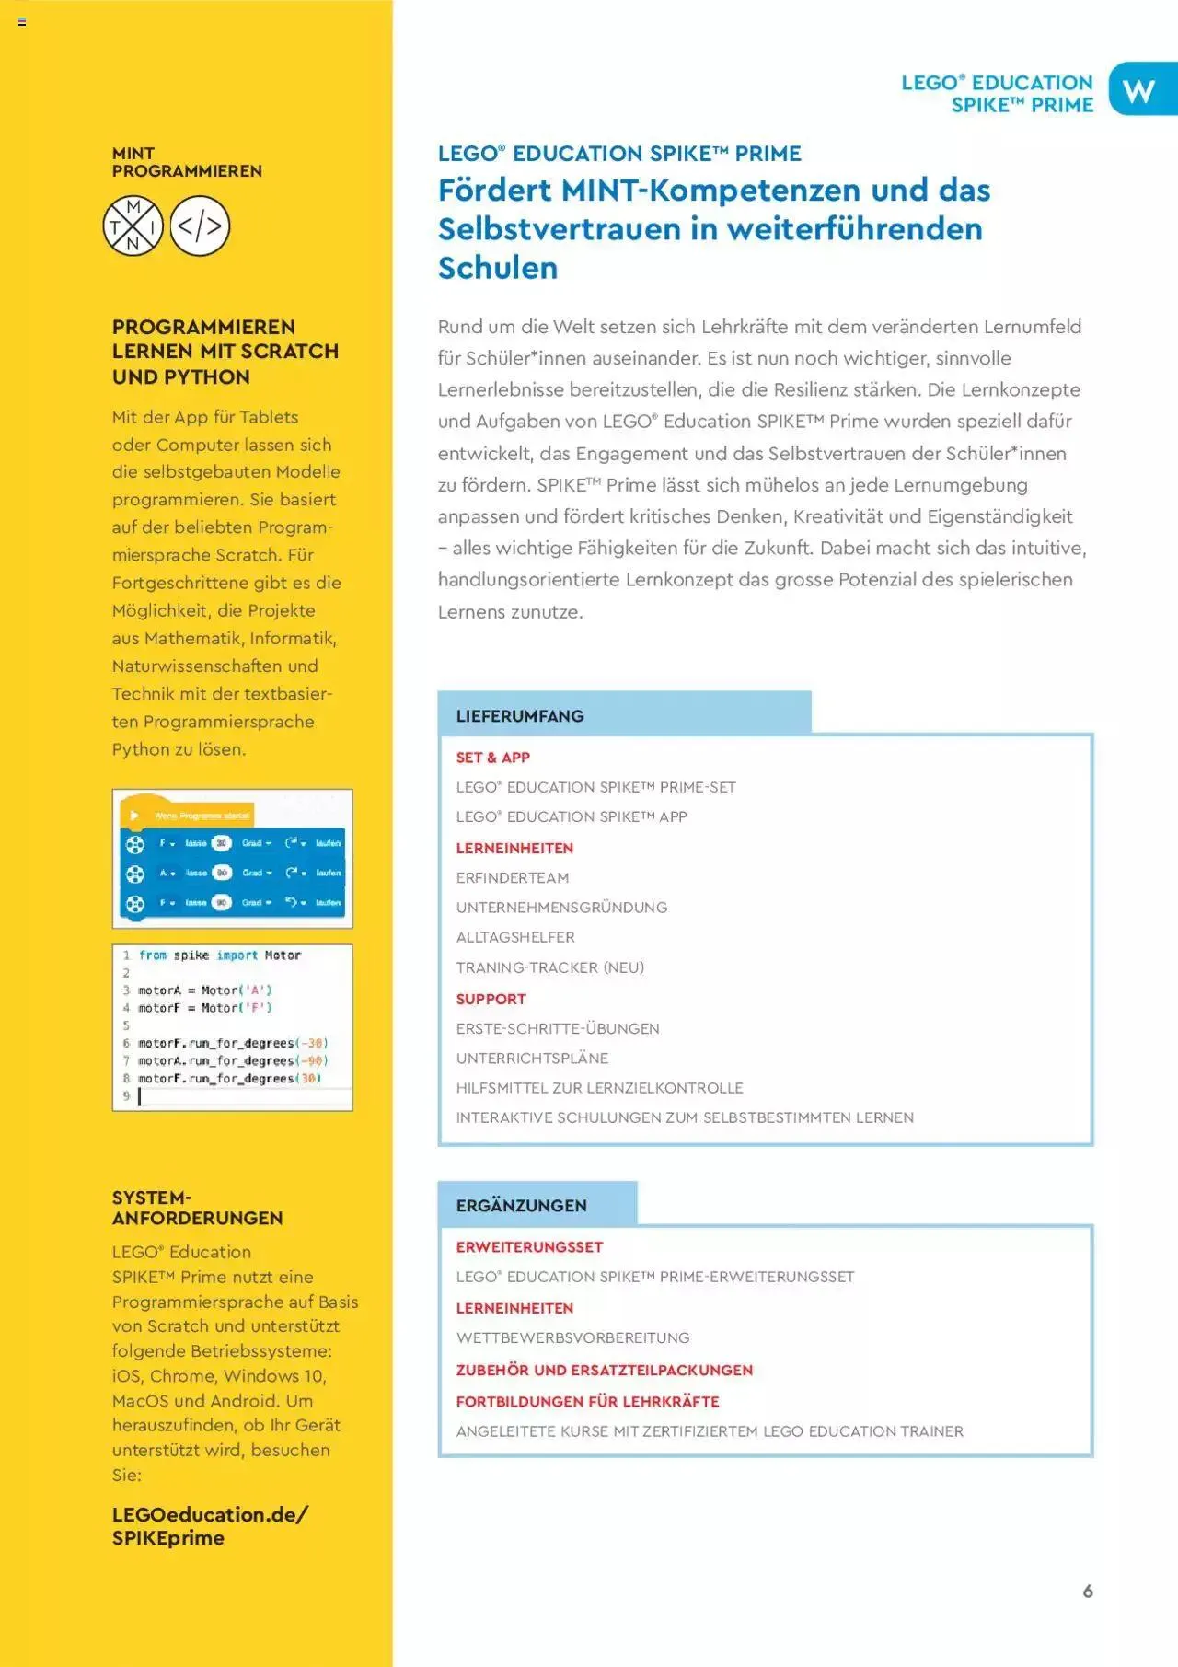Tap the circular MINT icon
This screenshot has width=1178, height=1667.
[133, 226]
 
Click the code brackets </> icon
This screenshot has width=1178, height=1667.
[200, 226]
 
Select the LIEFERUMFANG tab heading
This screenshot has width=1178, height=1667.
[520, 715]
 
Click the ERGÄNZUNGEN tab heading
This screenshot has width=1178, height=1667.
[521, 1205]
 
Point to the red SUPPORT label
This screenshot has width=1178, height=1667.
[491, 999]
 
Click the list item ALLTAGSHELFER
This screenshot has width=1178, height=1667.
[515, 937]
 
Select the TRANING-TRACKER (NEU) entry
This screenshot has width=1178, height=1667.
[550, 967]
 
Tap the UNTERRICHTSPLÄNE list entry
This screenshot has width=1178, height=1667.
[532, 1058]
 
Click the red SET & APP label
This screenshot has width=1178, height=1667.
[492, 757]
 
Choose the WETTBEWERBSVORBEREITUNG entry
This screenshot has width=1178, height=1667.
[572, 1337]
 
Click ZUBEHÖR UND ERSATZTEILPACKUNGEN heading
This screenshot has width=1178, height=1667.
[604, 1370]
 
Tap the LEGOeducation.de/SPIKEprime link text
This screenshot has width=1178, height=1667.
[210, 1526]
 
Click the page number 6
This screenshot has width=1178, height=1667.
[1088, 1591]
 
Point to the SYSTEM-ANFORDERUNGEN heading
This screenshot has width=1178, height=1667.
[197, 1208]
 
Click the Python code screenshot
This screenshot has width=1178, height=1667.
[232, 1027]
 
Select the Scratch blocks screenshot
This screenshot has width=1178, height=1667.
[232, 858]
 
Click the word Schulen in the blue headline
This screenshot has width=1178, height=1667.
[498, 268]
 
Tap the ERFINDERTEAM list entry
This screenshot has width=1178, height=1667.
[513, 877]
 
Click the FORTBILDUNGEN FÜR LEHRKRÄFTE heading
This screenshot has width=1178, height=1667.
[587, 1401]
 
